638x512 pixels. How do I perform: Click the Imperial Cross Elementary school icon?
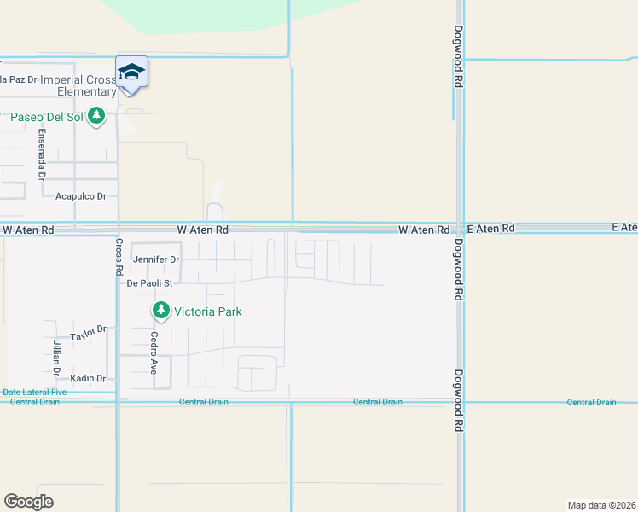131,73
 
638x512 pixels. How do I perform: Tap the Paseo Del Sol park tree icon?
96,116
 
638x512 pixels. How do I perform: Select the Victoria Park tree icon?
159,311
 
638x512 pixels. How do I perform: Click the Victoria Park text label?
207,311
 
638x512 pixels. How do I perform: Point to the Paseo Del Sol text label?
46,116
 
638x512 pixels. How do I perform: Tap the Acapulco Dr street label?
80,196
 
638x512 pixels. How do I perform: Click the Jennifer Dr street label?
156,259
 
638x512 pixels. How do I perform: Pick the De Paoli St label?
149,282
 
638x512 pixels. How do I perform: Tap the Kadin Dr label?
88,378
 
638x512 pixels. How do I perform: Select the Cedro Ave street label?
154,353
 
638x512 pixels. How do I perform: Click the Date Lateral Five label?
31,393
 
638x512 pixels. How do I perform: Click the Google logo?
28,502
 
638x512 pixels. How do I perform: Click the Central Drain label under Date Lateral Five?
35,402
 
